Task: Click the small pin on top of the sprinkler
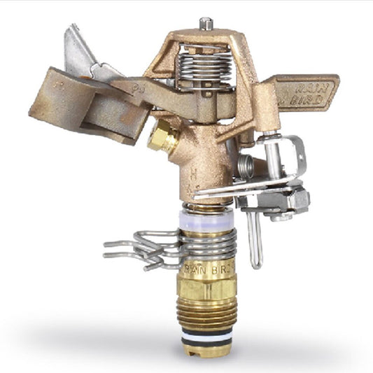[204, 23]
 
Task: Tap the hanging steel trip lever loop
[255, 238]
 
